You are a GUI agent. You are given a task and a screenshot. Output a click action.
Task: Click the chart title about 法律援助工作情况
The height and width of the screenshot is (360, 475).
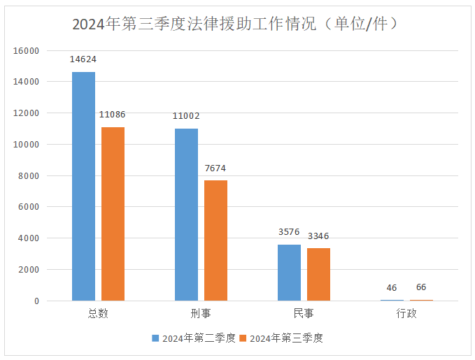coord(237,24)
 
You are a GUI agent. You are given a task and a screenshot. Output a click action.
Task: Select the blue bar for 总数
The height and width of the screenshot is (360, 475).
coord(83,186)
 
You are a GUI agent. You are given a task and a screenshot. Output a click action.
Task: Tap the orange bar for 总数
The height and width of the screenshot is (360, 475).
coord(113,214)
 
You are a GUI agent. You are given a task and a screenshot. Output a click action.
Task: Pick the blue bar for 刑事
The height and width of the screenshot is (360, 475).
coord(186,215)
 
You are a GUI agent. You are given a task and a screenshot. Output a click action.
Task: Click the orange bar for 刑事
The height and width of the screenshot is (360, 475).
coord(215,240)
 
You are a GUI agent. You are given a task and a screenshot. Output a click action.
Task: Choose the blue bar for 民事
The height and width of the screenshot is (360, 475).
coord(289,273)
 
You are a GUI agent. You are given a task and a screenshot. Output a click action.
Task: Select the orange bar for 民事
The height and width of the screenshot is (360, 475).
coord(318,274)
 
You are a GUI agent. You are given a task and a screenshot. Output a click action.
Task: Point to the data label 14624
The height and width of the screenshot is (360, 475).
coord(83,60)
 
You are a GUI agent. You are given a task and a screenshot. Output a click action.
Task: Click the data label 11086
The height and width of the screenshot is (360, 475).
coord(113,114)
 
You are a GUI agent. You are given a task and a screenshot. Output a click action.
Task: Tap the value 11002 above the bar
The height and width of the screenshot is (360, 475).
coord(186,116)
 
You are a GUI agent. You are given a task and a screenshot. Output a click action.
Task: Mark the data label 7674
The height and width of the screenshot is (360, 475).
coord(215,168)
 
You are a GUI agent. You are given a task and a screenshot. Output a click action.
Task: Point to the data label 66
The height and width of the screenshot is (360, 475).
coord(421,287)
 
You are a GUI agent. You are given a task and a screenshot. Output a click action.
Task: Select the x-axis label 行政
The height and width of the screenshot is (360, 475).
coord(406,314)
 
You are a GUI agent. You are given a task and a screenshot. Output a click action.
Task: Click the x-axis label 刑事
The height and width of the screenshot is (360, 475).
coord(201,314)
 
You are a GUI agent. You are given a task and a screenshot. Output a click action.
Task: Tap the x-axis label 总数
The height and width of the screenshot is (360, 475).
coord(98,314)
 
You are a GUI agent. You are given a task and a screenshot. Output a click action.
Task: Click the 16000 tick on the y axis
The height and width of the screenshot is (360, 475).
coord(25,50)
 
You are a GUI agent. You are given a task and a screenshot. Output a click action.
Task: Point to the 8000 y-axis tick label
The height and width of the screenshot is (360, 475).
coord(28,175)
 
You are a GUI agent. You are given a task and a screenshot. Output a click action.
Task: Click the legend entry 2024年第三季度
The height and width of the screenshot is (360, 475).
coord(282,338)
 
